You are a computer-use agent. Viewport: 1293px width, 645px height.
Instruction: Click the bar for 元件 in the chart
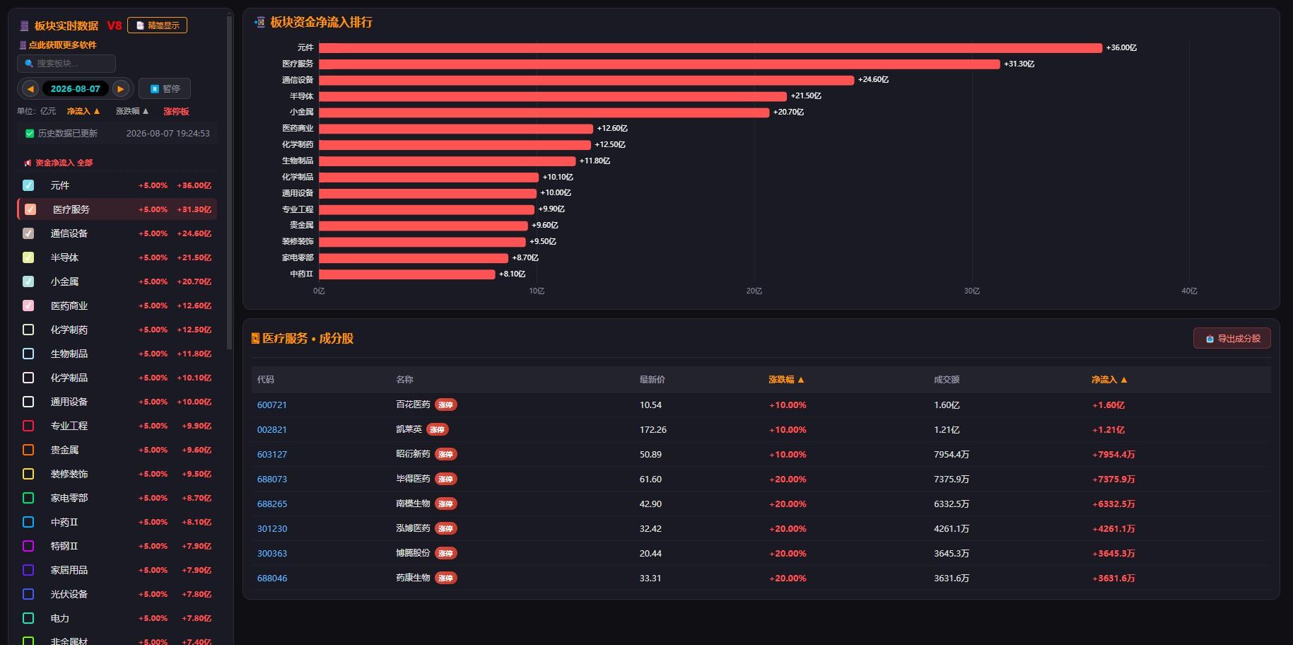[710, 48]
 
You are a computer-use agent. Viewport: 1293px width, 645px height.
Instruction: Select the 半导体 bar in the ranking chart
[553, 96]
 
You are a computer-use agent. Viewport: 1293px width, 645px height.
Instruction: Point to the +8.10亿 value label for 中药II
[513, 274]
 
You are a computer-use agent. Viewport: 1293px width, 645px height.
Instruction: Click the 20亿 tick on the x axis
[754, 291]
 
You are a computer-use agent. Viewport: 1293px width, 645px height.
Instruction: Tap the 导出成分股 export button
[1232, 339]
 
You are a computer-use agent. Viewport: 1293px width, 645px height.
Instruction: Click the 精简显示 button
[157, 25]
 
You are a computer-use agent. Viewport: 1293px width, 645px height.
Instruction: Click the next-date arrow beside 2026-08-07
[121, 89]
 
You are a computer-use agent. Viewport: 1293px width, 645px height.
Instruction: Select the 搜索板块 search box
[66, 64]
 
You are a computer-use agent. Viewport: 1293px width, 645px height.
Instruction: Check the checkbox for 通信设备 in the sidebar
[28, 233]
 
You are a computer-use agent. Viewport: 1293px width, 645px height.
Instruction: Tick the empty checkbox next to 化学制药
[28, 330]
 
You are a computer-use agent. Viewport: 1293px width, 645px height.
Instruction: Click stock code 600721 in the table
[272, 405]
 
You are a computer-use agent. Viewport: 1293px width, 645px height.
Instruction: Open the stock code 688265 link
[272, 504]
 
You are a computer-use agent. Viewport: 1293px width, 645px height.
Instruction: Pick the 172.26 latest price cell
[653, 430]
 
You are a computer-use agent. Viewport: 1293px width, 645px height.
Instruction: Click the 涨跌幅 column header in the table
[786, 380]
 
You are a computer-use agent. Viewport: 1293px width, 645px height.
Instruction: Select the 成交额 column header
[947, 380]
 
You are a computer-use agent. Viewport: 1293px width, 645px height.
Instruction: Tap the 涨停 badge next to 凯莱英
[438, 429]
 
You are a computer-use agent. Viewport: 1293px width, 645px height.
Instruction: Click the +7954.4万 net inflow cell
[1113, 455]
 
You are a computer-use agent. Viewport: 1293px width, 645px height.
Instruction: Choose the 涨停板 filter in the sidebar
[176, 111]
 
